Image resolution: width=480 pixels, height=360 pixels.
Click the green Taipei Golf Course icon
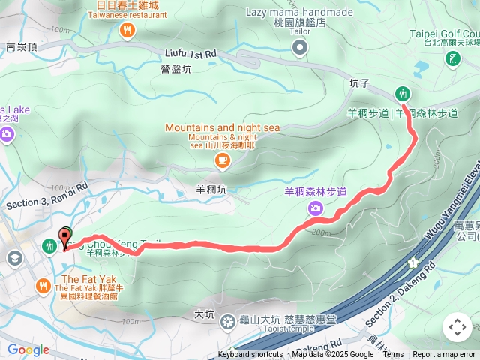[453, 59]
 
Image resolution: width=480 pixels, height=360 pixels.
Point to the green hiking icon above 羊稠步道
[403, 93]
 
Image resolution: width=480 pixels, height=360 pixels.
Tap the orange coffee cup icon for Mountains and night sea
[222, 160]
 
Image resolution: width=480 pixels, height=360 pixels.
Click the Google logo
[28, 349]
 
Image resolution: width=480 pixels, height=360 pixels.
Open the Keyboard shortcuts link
[250, 355]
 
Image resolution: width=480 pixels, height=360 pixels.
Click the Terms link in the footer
[393, 355]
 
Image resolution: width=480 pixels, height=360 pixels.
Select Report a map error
[444, 355]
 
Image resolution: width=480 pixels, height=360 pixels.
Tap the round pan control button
[457, 327]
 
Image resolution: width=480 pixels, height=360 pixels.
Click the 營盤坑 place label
[176, 69]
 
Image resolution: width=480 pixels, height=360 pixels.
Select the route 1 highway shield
[412, 262]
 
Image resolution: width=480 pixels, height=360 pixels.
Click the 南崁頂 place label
[22, 46]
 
